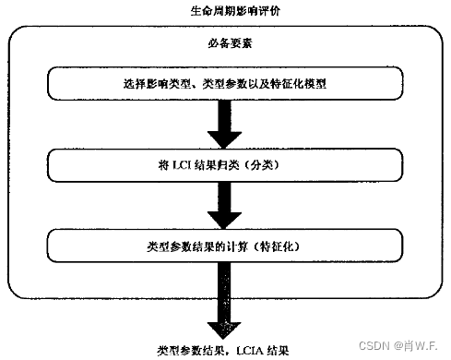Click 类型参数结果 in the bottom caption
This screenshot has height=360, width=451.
186,351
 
